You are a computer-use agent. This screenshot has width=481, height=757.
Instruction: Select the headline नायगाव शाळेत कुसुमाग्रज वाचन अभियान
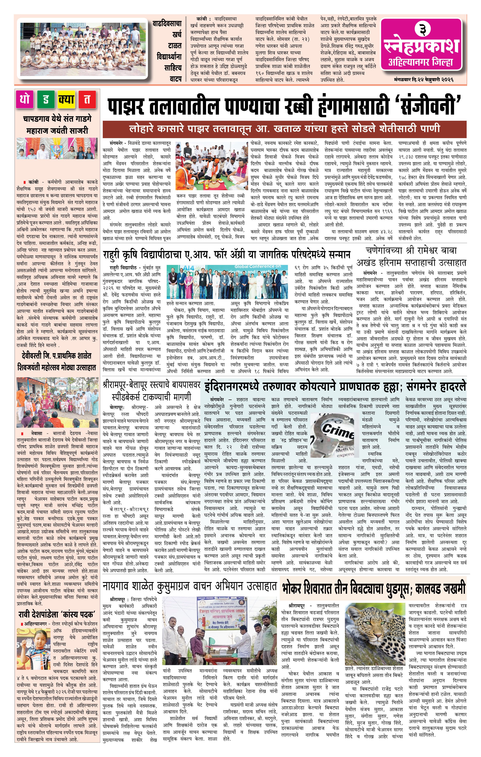(x=190, y=586)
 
